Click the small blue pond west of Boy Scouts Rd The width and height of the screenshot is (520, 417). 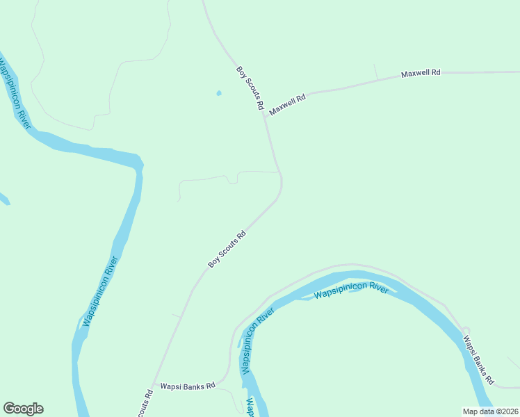click(x=219, y=92)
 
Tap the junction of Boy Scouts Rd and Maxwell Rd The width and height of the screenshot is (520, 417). click(x=265, y=117)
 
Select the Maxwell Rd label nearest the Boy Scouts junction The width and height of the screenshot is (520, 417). click(x=288, y=105)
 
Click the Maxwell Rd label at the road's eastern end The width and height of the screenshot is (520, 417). click(x=421, y=73)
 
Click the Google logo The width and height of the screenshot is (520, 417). click(x=23, y=409)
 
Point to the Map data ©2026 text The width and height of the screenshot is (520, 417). click(x=490, y=411)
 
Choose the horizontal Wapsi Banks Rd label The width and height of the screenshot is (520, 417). click(x=187, y=386)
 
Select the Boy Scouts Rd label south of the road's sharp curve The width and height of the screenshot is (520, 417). click(x=227, y=250)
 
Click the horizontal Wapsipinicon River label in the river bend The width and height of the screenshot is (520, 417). click(x=351, y=291)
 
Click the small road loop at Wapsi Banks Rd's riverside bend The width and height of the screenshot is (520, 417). click(x=466, y=331)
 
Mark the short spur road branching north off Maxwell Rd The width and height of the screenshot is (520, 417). click(x=375, y=72)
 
